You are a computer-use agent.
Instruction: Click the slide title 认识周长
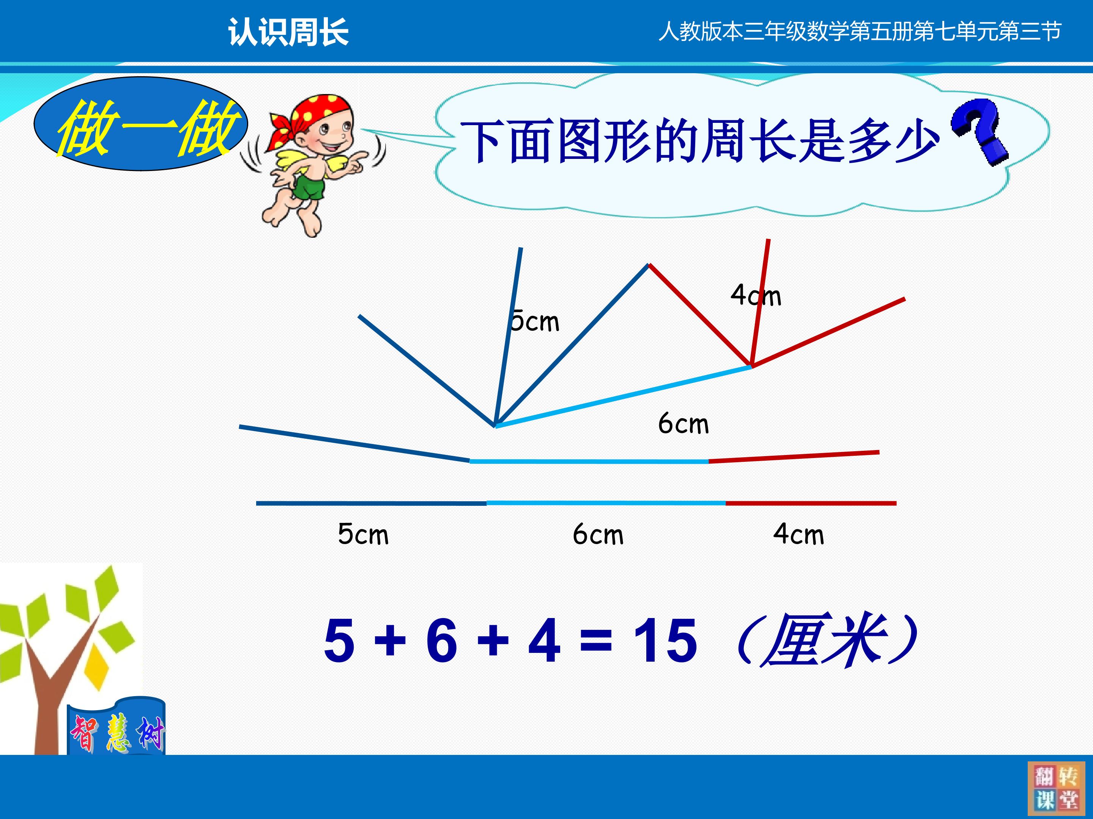[x=288, y=33]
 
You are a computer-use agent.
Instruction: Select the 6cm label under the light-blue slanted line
[x=684, y=424]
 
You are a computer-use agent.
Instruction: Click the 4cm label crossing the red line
[x=756, y=295]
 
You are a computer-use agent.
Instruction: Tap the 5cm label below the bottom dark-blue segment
[x=363, y=534]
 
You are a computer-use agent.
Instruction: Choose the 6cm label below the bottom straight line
[x=598, y=534]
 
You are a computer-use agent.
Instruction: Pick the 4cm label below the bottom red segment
[x=798, y=534]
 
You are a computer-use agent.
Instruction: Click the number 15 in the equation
[x=665, y=640]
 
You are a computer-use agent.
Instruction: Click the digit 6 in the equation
[x=442, y=640]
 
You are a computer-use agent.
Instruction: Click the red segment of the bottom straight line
[x=811, y=503]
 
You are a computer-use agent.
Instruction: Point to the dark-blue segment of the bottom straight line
[x=371, y=503]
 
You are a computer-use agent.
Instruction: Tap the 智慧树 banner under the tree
[x=117, y=727]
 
